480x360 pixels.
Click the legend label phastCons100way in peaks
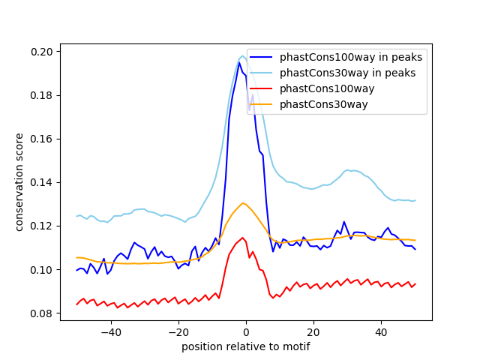[x=351, y=57]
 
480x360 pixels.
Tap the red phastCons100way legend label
[x=327, y=88]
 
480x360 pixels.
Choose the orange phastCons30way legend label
[x=324, y=104]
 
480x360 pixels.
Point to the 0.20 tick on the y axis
[x=42, y=52]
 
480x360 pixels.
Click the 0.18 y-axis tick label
[x=42, y=95]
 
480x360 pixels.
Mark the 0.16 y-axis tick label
[x=42, y=139]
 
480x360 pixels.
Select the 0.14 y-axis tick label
[x=42, y=182]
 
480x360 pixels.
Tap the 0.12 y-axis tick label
[x=42, y=226]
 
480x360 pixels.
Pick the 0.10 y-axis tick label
[x=42, y=269]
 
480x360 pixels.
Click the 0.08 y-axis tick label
[x=42, y=313]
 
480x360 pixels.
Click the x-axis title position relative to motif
[x=245, y=346]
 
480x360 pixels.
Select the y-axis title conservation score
[x=19, y=182]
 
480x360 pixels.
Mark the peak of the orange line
[x=242, y=202]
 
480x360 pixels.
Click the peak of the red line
[x=242, y=238]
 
